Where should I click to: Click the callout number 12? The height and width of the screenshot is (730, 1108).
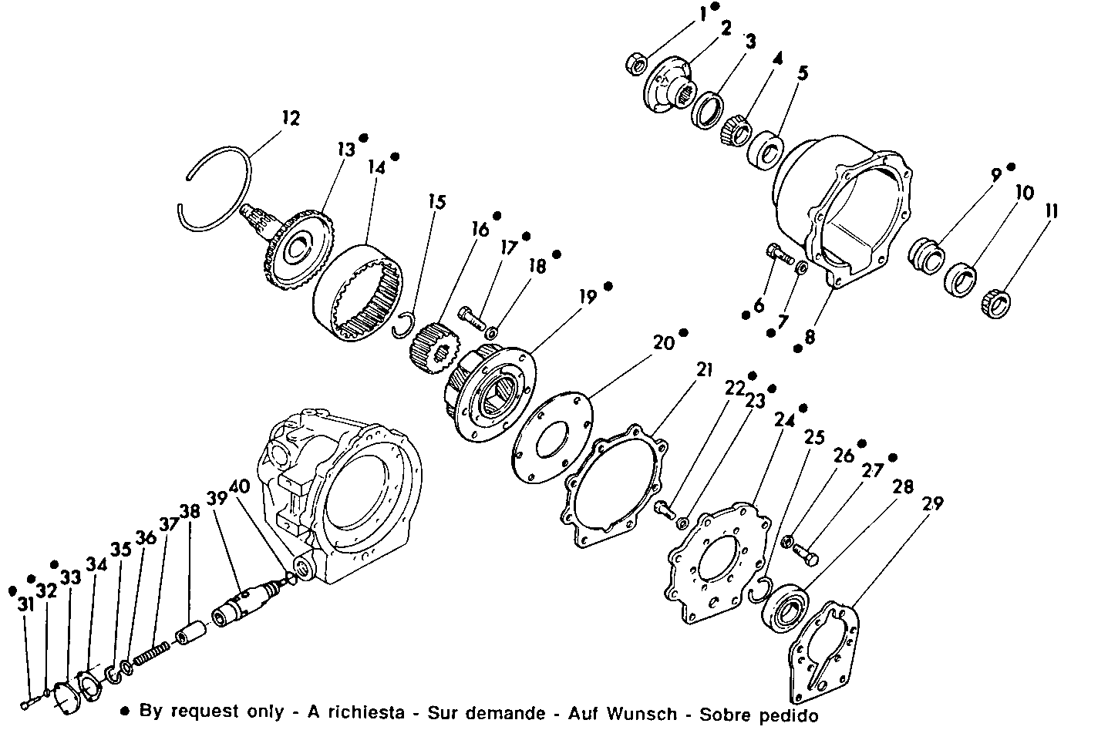[x=290, y=118]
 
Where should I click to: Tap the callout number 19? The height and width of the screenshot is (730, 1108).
[x=588, y=297]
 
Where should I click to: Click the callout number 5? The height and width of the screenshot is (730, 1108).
[x=803, y=74]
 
